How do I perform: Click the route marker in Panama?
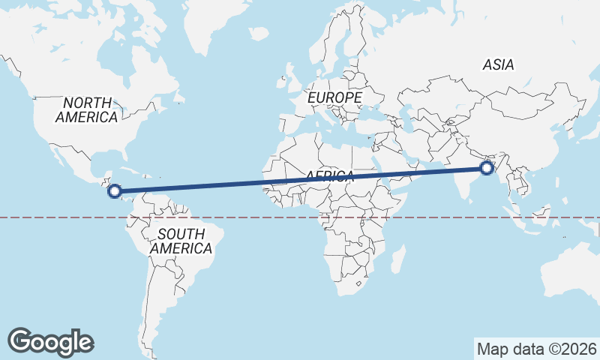pos(115,191)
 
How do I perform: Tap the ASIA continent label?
pos(499,65)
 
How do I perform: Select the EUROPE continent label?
pos(334,97)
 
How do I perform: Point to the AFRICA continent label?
pos(329,176)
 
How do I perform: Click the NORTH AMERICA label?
pos(87,109)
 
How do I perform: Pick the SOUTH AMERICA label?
pos(181,241)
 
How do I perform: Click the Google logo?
pos(51,341)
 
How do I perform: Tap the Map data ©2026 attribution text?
pos(537,349)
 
